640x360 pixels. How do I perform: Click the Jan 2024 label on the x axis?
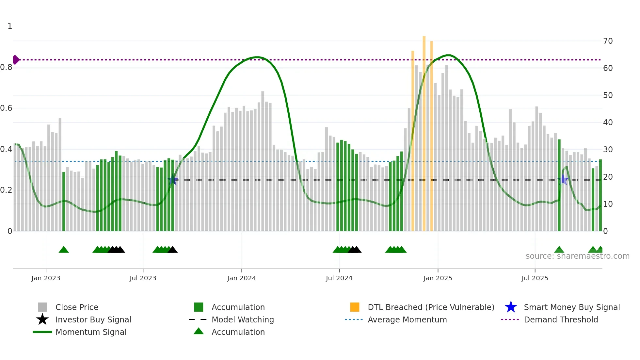pos(241,278)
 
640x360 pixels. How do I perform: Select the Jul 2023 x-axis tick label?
pos(143,278)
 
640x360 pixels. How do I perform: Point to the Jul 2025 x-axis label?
pos(535,278)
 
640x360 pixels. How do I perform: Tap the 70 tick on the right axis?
pos(608,41)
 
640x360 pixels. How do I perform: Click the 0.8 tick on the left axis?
pos(6,67)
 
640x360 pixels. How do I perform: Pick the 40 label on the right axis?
pos(608,123)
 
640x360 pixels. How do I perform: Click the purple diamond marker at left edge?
pos(16,60)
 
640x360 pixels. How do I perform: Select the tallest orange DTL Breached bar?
pos(424,131)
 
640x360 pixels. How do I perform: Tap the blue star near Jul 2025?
pos(563,179)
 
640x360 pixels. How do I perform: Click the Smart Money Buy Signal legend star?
pos(511,307)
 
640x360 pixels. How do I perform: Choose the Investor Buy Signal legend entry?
pos(93,319)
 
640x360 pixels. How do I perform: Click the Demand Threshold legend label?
pos(561,319)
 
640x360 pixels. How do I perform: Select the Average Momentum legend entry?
pos(407,319)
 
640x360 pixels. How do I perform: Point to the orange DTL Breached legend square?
pos(355,307)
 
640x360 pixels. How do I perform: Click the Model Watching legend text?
pos(243,319)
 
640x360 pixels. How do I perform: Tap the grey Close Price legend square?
pos(42,307)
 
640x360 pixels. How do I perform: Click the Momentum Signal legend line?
pos(42,332)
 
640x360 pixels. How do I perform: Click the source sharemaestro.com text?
pos(577,256)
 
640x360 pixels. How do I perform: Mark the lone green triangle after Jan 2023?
pos(64,250)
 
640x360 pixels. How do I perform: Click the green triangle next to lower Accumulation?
pos(199,331)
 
